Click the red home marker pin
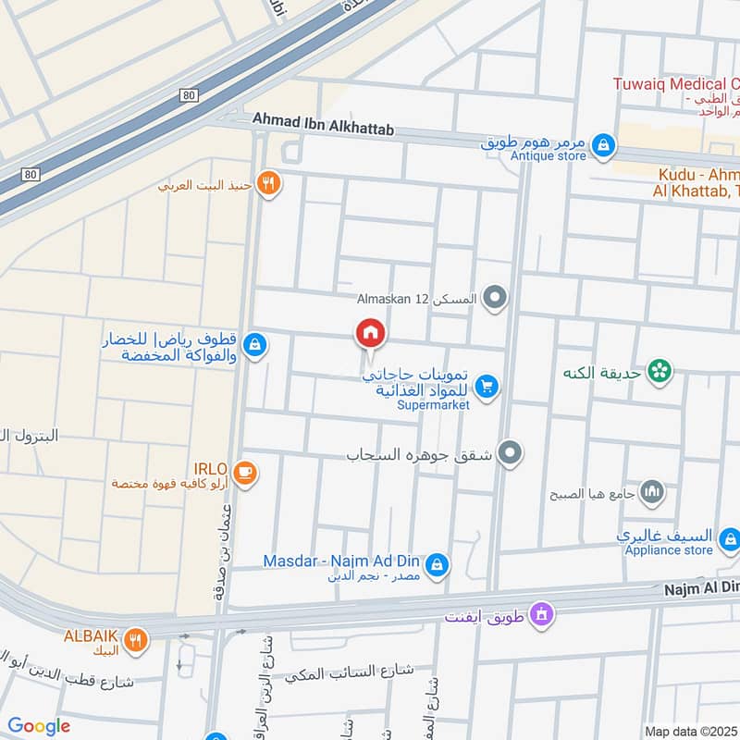click(x=370, y=333)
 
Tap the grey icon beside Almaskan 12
click(x=496, y=298)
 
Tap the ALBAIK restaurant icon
click(x=136, y=638)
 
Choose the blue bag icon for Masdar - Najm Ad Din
click(x=438, y=563)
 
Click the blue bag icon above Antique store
click(x=603, y=144)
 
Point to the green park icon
click(x=660, y=372)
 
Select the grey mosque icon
click(x=653, y=492)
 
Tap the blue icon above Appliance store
click(x=730, y=537)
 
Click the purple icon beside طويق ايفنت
click(x=543, y=613)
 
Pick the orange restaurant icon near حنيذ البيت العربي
click(x=268, y=182)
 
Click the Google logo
click(x=39, y=726)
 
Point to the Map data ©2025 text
click(x=691, y=732)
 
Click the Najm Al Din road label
click(x=701, y=587)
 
